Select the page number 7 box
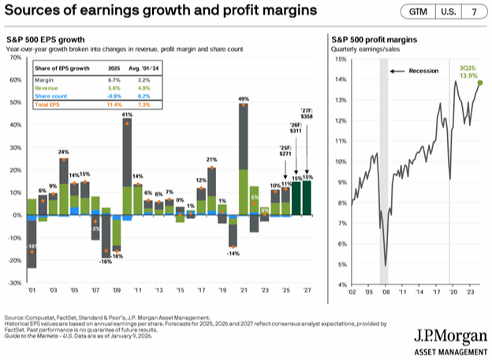point(474,13)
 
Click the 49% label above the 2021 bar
point(244,98)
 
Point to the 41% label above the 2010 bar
point(127,115)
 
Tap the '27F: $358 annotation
point(307,112)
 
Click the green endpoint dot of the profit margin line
point(480,83)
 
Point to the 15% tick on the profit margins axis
point(340,59)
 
